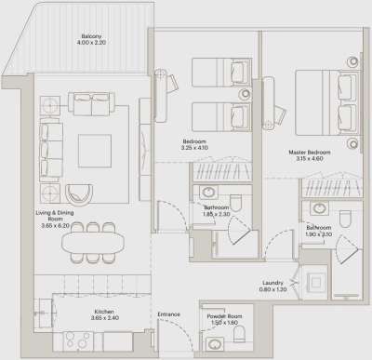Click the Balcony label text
(90, 35)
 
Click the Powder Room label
(222, 315)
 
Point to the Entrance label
(169, 313)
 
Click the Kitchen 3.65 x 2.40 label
(102, 315)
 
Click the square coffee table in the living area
(93, 150)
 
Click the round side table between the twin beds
(245, 94)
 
